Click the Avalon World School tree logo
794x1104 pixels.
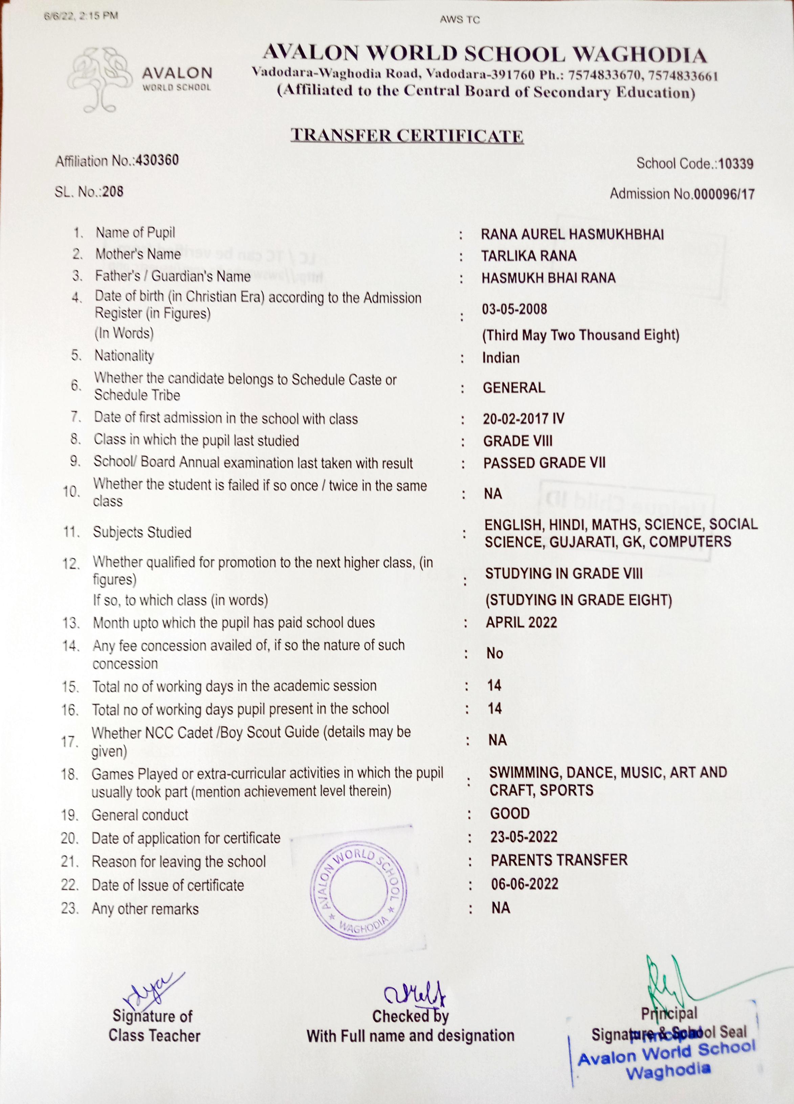pyautogui.click(x=100, y=79)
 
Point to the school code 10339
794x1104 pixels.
pyautogui.click(x=735, y=164)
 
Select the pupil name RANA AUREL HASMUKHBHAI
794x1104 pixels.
pyautogui.click(x=572, y=235)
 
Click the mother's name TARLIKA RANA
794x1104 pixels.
pyautogui.click(x=529, y=256)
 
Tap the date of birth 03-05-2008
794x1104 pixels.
pyautogui.click(x=514, y=309)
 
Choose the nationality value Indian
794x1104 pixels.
pyautogui.click(x=501, y=358)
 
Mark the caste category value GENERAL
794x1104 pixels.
pyautogui.click(x=514, y=388)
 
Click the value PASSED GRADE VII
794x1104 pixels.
pyautogui.click(x=544, y=463)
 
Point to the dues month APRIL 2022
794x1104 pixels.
pyautogui.click(x=521, y=623)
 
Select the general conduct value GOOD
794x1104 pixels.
pyautogui.click(x=509, y=813)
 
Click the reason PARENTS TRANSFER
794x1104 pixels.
pyautogui.click(x=559, y=860)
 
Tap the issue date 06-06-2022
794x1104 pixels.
pyautogui.click(x=524, y=884)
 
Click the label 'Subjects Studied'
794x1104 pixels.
pyautogui.click(x=142, y=532)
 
